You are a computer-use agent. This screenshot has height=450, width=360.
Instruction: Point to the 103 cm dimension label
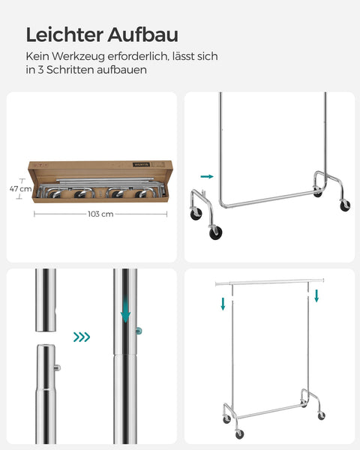pyautogui.click(x=100, y=214)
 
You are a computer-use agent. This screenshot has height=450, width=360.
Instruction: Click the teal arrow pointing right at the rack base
pyautogui.click(x=208, y=177)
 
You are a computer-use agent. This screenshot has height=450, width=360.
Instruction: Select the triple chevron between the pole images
pyautogui.click(x=82, y=337)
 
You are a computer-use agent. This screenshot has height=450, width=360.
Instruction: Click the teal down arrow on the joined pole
pyautogui.click(x=125, y=307)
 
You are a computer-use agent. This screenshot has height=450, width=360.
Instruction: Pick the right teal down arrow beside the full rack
pyautogui.click(x=317, y=295)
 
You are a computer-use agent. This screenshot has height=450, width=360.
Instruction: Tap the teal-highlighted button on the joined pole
pyautogui.click(x=139, y=331)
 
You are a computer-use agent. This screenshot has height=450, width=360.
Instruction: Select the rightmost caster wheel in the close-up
pyautogui.click(x=346, y=204)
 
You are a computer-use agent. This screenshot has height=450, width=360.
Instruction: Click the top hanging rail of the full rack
pyautogui.click(x=270, y=280)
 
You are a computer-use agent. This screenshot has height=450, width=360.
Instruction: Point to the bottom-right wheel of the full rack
pyautogui.click(x=321, y=415)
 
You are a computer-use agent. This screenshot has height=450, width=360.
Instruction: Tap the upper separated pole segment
pyautogui.click(x=46, y=300)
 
